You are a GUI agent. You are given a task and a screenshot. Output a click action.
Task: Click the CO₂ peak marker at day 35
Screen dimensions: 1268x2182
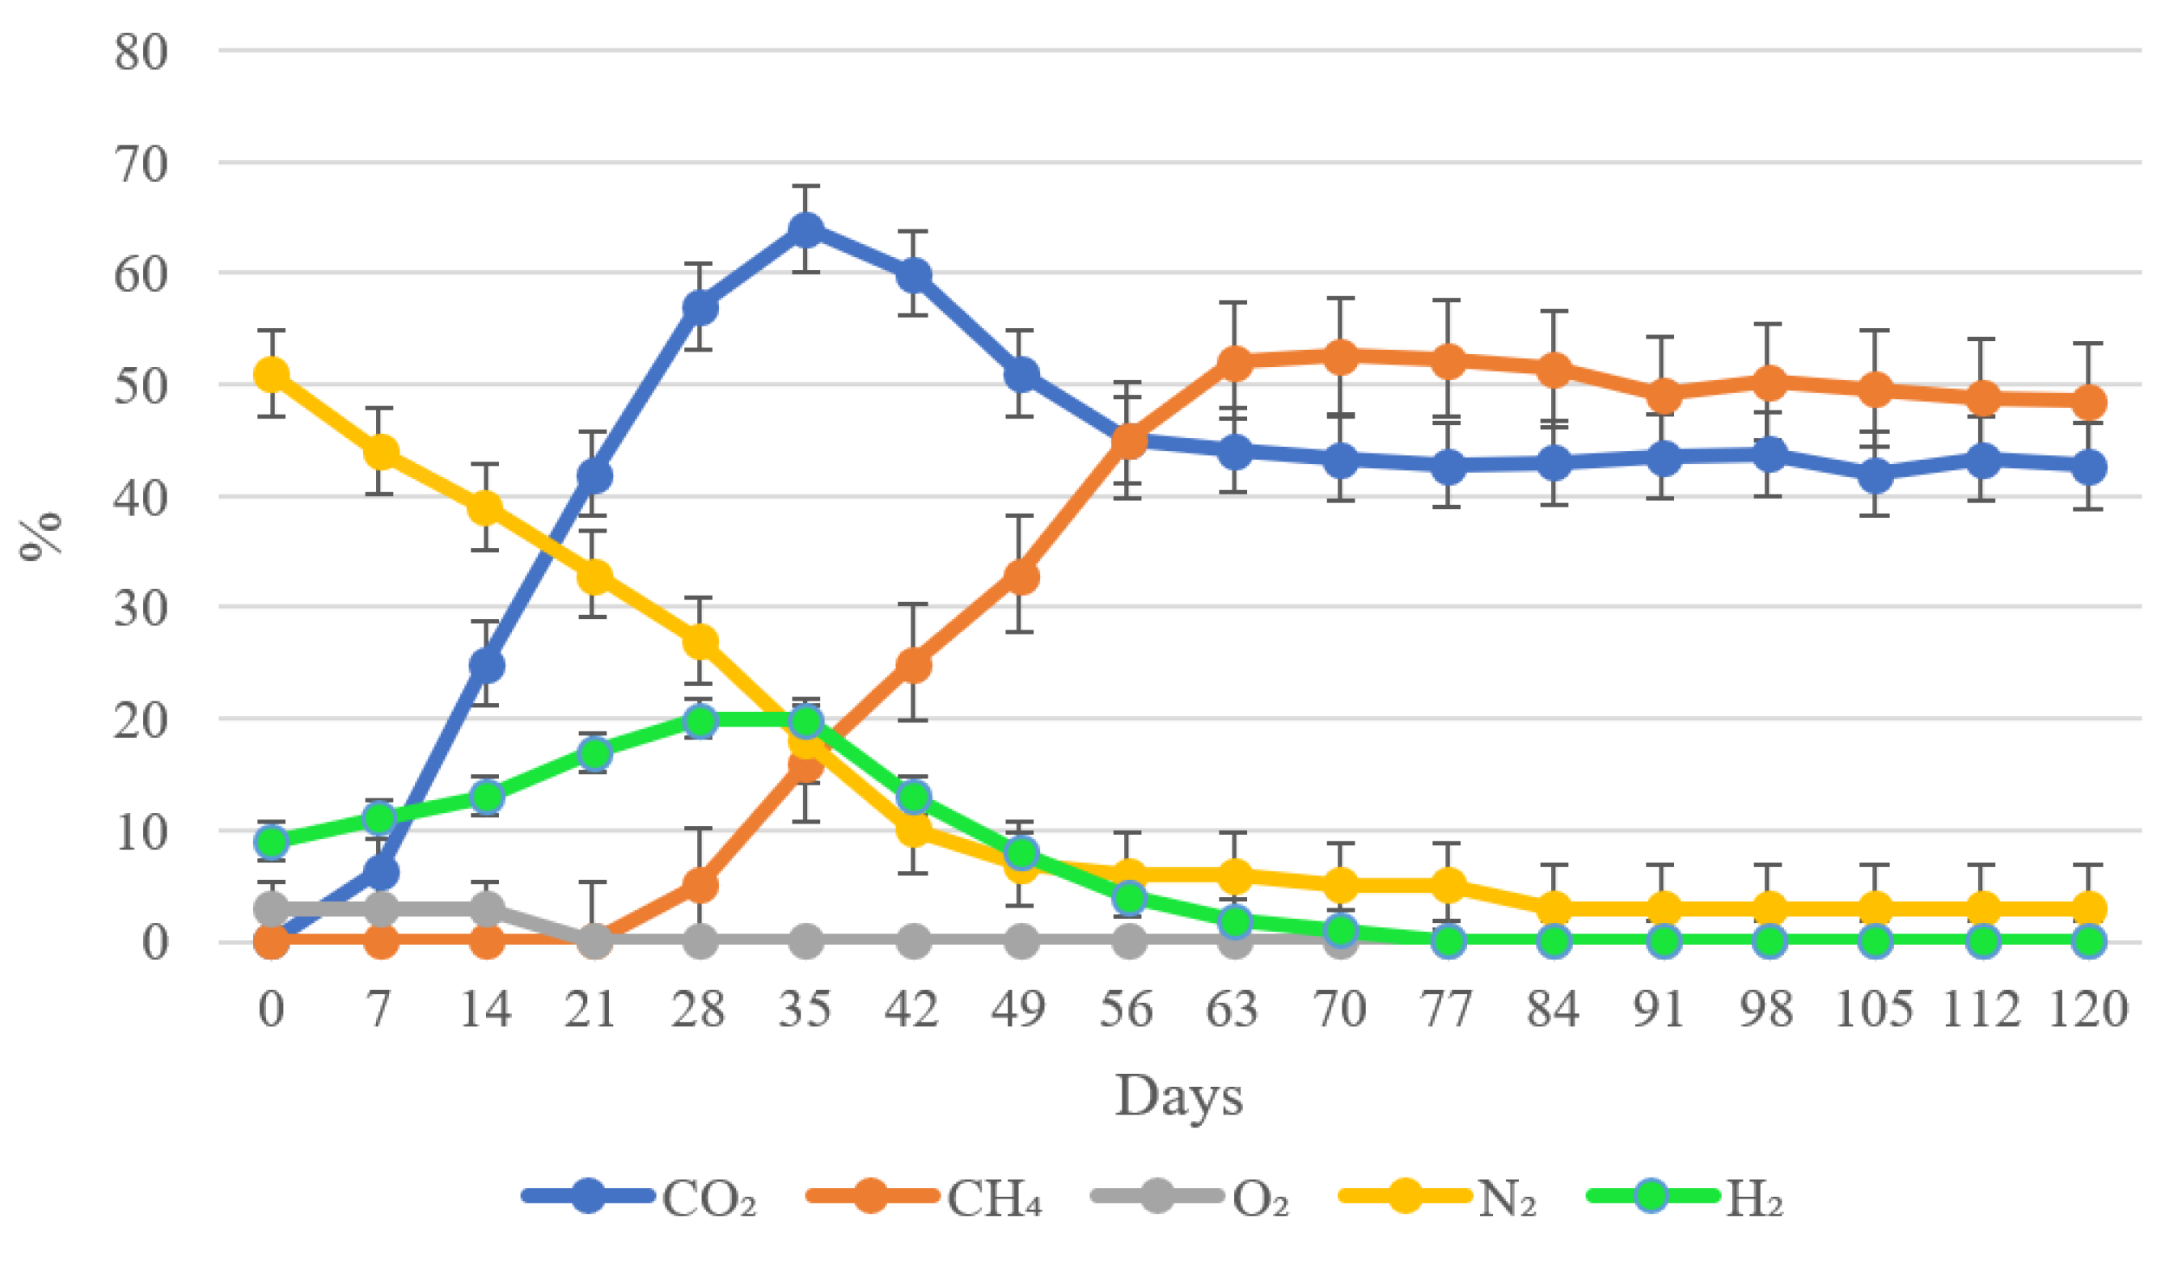(x=806, y=230)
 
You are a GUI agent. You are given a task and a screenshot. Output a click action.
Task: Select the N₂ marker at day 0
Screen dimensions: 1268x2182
(x=271, y=375)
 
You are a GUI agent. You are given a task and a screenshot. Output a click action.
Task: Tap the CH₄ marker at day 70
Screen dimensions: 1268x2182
(x=1340, y=356)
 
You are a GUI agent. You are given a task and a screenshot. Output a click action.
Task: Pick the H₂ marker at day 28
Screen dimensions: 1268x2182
(x=700, y=721)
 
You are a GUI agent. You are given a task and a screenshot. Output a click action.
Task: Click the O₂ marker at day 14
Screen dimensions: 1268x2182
(x=486, y=909)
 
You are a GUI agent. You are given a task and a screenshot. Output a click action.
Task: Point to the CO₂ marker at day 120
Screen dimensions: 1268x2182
(x=2089, y=467)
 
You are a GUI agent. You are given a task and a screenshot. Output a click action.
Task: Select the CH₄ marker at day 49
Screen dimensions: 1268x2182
(x=1021, y=576)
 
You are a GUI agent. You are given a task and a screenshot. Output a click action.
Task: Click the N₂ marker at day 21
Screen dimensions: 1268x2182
(x=593, y=575)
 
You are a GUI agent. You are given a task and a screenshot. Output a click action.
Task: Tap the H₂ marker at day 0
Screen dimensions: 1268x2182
(x=271, y=841)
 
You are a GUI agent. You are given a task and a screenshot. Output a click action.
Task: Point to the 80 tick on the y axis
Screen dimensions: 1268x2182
(x=140, y=52)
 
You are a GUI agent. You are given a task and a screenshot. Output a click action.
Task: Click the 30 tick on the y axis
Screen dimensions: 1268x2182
(x=140, y=609)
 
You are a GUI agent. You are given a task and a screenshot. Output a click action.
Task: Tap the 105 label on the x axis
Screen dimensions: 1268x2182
(x=1874, y=1009)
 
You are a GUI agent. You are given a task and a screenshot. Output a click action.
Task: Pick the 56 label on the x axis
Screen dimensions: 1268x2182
(x=1127, y=1009)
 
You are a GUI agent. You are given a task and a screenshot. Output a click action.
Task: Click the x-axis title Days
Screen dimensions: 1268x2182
(x=1178, y=1097)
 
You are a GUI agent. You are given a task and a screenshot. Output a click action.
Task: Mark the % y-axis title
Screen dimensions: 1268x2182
(x=41, y=537)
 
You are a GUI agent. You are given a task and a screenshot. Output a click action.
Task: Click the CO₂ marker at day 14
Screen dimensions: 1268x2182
(x=486, y=665)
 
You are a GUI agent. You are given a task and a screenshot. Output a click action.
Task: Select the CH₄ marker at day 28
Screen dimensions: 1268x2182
(x=700, y=886)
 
